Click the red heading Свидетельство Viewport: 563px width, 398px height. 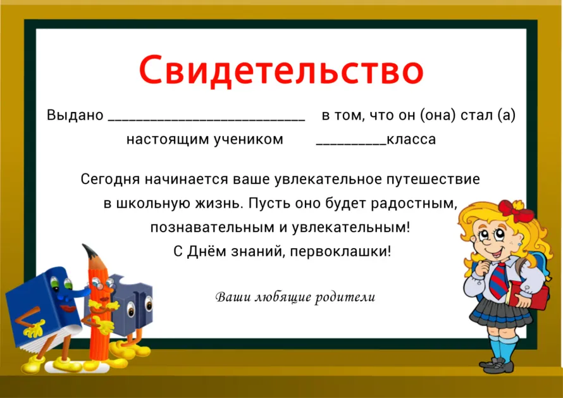coord(281,70)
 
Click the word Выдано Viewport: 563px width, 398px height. coord(75,115)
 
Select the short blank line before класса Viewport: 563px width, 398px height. coord(351,144)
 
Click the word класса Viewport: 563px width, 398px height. coord(411,139)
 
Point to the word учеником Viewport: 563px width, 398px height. coord(249,139)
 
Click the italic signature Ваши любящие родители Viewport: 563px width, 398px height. coord(295,297)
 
